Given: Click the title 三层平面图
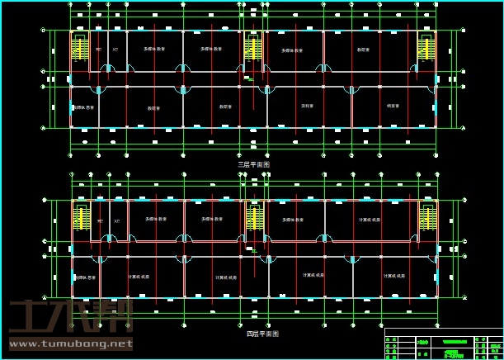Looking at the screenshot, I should point(253,164).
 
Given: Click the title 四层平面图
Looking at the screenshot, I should point(262,334).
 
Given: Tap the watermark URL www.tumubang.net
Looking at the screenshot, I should point(70,343).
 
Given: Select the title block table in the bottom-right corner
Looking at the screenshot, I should point(443,343).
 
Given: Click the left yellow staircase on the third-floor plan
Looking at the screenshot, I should point(81,49).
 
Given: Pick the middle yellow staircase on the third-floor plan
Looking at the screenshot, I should point(253,49).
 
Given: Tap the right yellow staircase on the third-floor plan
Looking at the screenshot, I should point(426,49).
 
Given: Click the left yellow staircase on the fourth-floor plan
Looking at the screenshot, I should point(82,219).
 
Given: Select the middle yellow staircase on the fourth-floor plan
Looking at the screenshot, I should point(255,219).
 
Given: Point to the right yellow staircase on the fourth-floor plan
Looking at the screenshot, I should point(427,219).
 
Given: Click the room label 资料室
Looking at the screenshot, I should point(307,107).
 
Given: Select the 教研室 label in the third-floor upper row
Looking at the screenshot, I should point(363,50).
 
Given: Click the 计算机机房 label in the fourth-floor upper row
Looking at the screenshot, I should point(370,220).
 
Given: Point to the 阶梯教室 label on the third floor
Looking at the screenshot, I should point(85,107).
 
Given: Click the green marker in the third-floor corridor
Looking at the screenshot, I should point(250,79).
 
